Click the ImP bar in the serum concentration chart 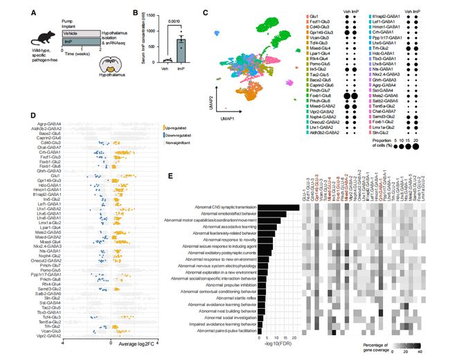coord(181,50)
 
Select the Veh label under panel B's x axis coord(165,68)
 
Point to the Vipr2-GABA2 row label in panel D coord(48,335)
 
